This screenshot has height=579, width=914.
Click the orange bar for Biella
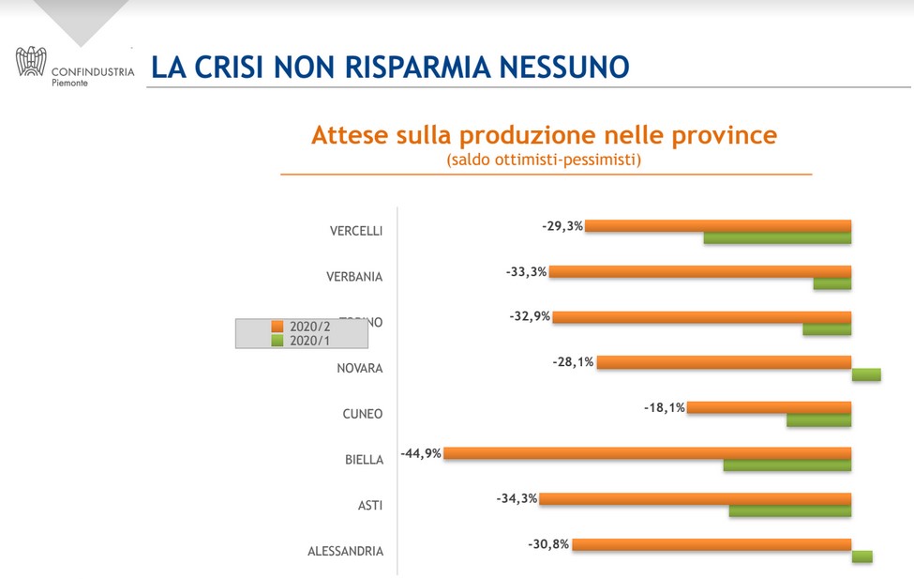click(647, 453)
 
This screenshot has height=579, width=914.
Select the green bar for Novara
click(866, 375)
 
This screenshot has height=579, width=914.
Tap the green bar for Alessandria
click(862, 556)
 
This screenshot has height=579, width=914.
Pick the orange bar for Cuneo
click(769, 408)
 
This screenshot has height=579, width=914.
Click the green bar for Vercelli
click(777, 238)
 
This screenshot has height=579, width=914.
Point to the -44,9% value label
click(421, 453)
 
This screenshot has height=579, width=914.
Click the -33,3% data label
click(526, 271)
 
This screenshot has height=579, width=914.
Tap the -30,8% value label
click(548, 544)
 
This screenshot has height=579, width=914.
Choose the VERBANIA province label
click(354, 277)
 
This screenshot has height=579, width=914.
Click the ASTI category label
click(370, 506)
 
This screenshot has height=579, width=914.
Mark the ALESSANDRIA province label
click(345, 551)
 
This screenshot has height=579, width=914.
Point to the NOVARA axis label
click(360, 368)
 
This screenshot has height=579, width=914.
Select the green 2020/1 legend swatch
click(277, 341)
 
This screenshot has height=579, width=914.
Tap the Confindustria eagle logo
click(31, 62)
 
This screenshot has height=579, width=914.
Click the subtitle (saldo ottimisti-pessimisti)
click(544, 160)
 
